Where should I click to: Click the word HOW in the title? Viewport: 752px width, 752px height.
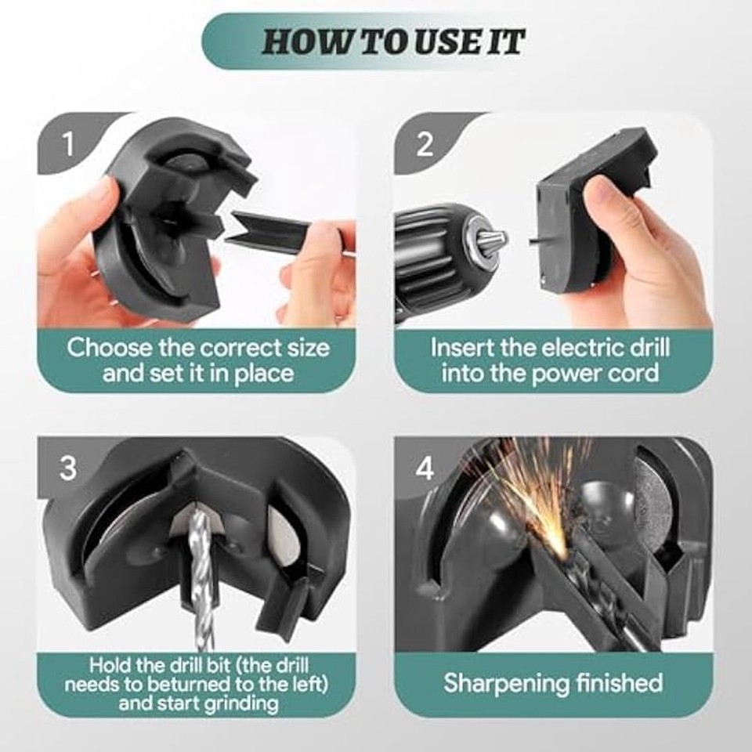(x=299, y=42)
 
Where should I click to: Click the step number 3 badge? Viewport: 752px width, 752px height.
(x=69, y=468)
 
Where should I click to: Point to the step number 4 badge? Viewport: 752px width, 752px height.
(x=425, y=468)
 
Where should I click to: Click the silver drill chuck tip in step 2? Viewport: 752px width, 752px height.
(x=490, y=240)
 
